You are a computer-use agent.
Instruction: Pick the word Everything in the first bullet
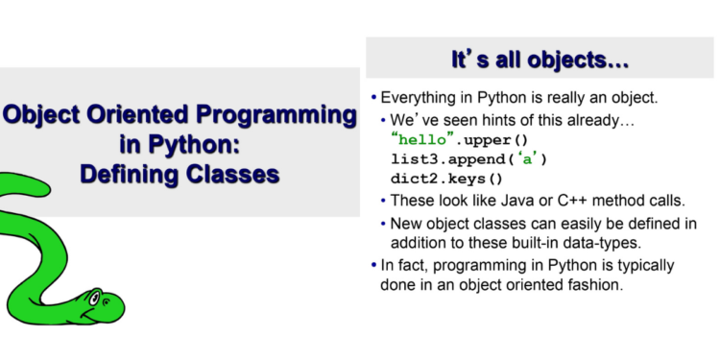coord(420,99)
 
